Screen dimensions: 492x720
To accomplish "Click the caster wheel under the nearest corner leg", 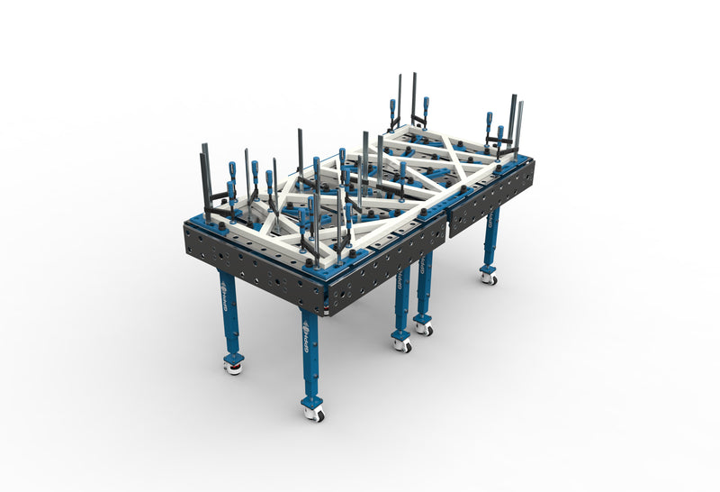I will point(313,413).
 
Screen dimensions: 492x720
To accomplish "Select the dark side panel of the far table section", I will point(490,194).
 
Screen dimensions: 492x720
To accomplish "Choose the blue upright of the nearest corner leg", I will point(310,360).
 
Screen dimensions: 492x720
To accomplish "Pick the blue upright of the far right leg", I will point(491,239).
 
